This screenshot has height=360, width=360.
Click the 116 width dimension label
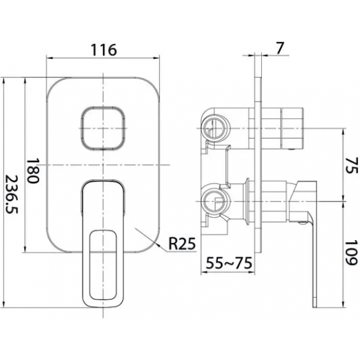104,50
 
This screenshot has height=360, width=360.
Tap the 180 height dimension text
32,170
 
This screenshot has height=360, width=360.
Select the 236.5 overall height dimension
11,194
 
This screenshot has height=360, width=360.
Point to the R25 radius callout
182,243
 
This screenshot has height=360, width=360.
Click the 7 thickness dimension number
279,48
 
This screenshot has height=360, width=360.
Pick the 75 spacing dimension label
351,166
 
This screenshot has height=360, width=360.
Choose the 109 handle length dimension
351,253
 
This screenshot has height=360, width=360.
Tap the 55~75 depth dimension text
229,263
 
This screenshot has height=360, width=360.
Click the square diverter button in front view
103,128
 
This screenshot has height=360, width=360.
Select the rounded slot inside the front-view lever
103,264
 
